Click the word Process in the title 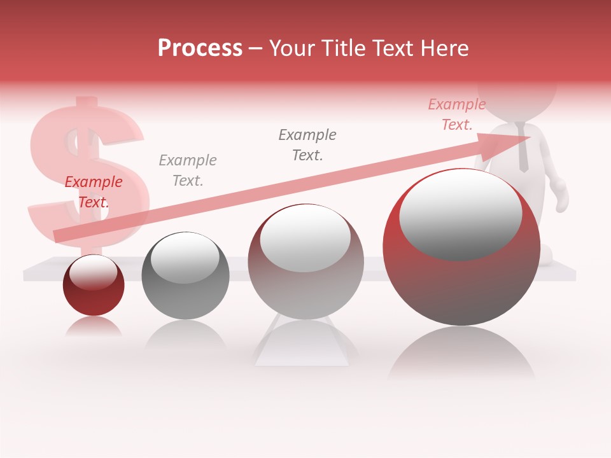pos(200,48)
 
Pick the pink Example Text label pos(456,114)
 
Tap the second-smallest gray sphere pos(185,277)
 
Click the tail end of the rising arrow pos(59,236)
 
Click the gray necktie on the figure pos(523,149)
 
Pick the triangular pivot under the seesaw pos(302,347)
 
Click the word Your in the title pos(293,48)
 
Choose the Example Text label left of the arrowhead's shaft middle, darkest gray pos(307,144)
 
